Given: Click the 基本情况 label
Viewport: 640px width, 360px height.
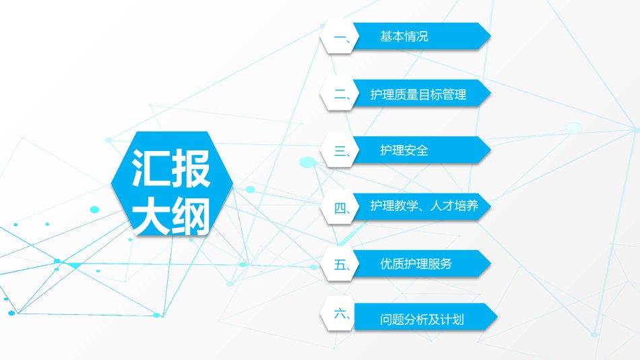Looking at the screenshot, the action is (x=404, y=36).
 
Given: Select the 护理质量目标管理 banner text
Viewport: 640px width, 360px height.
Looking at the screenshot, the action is (x=418, y=94).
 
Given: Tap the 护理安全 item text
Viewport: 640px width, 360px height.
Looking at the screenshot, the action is (x=404, y=150).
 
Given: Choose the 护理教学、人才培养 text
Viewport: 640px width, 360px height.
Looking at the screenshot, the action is (x=424, y=206).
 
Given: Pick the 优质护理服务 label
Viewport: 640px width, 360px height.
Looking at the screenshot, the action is (x=416, y=264).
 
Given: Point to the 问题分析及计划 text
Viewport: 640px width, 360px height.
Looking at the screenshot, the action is (x=422, y=319).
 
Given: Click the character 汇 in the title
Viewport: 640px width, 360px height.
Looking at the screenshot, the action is (x=150, y=168).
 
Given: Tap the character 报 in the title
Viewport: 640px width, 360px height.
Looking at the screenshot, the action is (x=191, y=168).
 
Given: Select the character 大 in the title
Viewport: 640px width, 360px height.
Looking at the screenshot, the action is (x=150, y=216).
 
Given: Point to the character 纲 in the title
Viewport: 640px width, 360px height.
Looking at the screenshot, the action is (x=191, y=216).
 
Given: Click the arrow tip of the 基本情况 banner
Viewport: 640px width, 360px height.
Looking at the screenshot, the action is (x=490, y=36).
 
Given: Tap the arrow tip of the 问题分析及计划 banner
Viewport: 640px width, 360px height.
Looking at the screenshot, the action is (x=497, y=317).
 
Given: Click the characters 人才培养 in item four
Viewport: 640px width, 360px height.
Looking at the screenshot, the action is (x=454, y=206).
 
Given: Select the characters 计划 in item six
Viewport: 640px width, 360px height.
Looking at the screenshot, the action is (x=452, y=319).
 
